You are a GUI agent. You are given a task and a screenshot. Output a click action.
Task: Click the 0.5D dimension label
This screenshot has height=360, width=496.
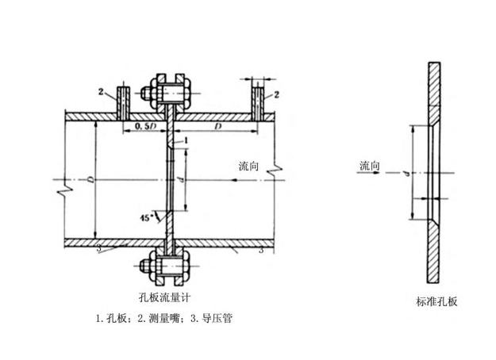(x=144, y=125)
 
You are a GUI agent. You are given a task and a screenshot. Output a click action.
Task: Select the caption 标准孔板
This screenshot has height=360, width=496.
(x=436, y=302)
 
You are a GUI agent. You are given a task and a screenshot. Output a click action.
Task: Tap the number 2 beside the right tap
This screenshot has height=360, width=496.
(x=276, y=94)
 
